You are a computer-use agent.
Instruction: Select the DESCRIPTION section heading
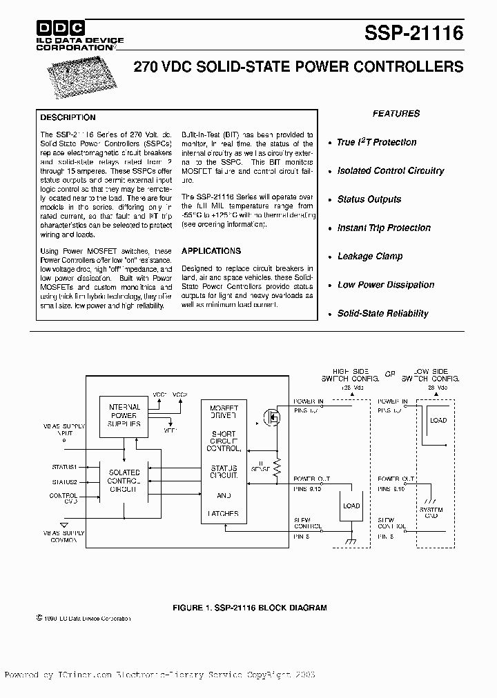(68, 117)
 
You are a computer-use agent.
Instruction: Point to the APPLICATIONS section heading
(211, 251)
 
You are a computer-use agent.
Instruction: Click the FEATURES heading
(396, 114)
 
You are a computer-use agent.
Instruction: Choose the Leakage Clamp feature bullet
(370, 257)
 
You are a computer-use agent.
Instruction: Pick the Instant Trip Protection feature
(384, 228)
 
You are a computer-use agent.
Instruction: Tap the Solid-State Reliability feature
(382, 314)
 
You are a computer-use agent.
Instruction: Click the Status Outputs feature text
(369, 199)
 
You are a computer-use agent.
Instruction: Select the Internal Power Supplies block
(124, 416)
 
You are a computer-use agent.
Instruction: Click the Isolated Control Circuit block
(124, 479)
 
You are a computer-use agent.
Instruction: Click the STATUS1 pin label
(64, 468)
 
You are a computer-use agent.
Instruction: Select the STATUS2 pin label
(64, 482)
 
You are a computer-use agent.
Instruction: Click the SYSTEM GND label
(431, 513)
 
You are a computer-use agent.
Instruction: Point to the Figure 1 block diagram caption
(248, 608)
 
